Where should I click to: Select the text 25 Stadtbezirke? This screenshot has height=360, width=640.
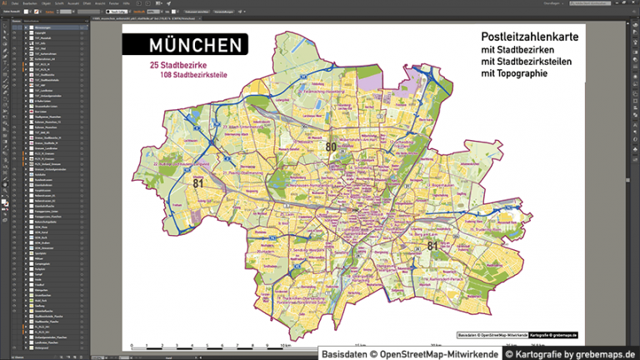tap(177, 65)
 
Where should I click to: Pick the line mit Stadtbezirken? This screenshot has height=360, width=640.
tap(517, 51)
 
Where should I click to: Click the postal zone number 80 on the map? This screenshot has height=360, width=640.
tap(331, 147)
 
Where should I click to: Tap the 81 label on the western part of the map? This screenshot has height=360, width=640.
tap(197, 182)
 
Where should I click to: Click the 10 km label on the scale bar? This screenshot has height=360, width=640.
tap(286, 344)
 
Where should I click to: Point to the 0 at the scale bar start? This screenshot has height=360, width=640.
tap(131, 344)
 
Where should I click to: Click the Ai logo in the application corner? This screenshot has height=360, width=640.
tap(4, 3)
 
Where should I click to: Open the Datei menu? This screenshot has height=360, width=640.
tap(15, 3)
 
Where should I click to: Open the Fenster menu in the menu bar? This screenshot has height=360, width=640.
tap(112, 3)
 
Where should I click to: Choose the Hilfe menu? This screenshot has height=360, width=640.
tap(127, 3)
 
